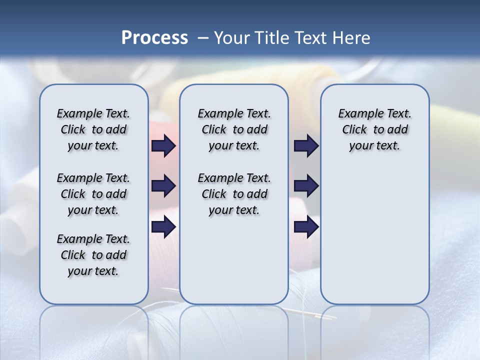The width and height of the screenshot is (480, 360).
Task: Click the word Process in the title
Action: click(x=154, y=37)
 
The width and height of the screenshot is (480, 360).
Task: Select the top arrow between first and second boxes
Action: click(x=163, y=145)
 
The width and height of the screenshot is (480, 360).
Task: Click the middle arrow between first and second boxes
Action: click(x=163, y=186)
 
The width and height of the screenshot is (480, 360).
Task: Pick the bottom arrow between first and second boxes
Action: click(x=163, y=227)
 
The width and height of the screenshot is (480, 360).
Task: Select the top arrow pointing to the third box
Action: click(x=306, y=145)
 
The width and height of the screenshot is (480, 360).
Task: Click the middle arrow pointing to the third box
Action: click(x=306, y=186)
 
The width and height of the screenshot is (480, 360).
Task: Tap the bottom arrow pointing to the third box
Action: click(x=306, y=227)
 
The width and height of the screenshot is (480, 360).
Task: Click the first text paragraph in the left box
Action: click(x=93, y=129)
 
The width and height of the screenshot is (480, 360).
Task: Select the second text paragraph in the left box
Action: click(x=93, y=194)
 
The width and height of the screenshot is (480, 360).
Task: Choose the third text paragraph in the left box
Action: click(x=93, y=255)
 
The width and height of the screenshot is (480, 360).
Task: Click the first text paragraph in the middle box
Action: click(x=234, y=129)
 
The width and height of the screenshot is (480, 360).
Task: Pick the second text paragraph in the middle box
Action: click(x=234, y=194)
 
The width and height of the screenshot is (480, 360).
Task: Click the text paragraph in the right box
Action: click(x=374, y=129)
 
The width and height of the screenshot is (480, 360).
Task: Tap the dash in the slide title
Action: click(x=203, y=37)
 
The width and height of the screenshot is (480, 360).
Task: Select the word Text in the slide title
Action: click(x=311, y=37)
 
